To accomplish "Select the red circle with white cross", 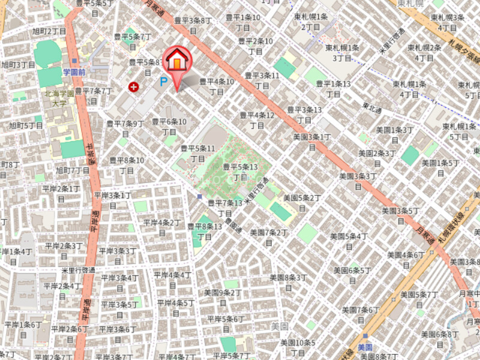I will coord(133,88).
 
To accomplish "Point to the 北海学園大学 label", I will coord(59,98).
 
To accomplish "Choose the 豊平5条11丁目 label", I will coord(198,153).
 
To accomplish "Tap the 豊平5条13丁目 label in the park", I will coord(240,172).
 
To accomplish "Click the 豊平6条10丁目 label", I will coord(169,126).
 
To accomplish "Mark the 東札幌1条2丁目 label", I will coord(310,22).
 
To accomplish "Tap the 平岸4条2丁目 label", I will coord(162,227).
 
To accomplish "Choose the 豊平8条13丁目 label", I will coord(205,231).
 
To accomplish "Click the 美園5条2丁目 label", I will coord(302,202).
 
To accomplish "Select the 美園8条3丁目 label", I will coord(288,282).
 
